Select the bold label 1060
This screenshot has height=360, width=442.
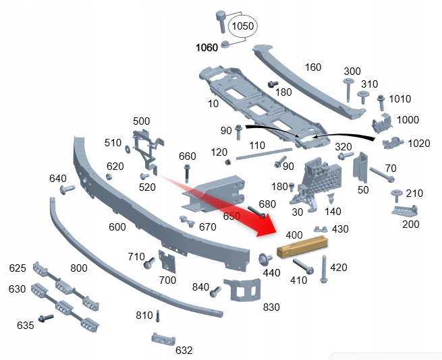207,48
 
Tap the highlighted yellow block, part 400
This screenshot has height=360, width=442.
304,247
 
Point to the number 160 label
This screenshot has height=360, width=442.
313,67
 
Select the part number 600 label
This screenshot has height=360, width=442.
117,227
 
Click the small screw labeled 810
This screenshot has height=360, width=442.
158,316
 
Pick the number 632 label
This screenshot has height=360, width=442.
184,351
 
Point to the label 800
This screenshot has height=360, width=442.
79,268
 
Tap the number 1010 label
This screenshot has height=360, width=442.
399,99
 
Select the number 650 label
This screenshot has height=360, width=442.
231,216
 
